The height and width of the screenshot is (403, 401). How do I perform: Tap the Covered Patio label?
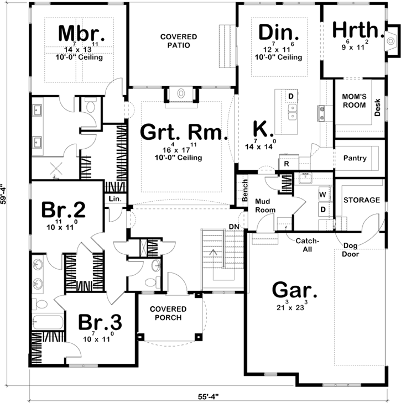tap(179, 40)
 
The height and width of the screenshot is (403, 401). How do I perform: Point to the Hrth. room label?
tap(357, 31)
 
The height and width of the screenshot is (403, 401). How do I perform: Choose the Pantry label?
tap(355, 158)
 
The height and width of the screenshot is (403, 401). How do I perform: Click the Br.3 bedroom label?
tap(99, 322)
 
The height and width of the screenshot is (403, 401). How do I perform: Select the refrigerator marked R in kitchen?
tap(287, 164)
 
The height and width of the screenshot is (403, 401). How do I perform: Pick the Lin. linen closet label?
tap(115, 198)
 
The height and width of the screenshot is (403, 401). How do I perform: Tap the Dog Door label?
tap(351, 250)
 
